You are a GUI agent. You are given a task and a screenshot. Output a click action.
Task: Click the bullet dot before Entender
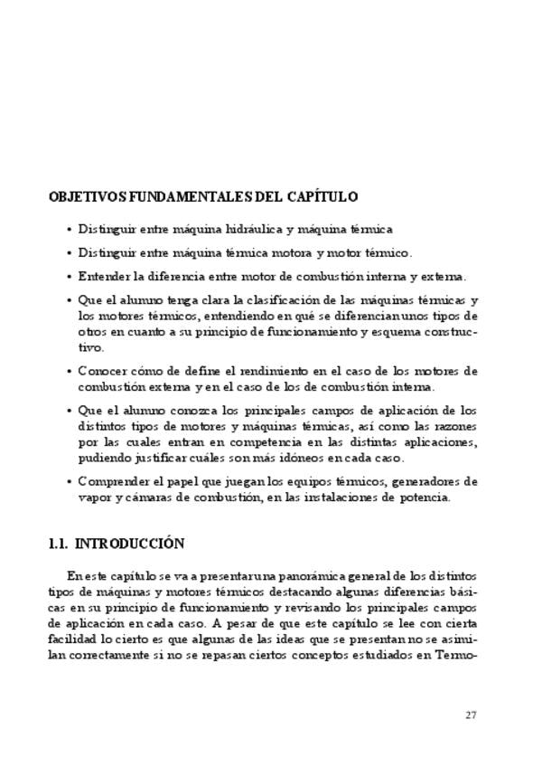70,277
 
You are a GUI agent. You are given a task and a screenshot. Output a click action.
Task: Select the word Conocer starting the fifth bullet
103,371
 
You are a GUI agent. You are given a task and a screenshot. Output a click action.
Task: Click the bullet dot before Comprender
70,481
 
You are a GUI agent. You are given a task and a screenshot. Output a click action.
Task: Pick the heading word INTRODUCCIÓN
129,544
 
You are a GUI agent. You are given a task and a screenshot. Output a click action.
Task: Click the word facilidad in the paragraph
72,639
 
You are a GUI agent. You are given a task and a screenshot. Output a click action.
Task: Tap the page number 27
471,715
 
